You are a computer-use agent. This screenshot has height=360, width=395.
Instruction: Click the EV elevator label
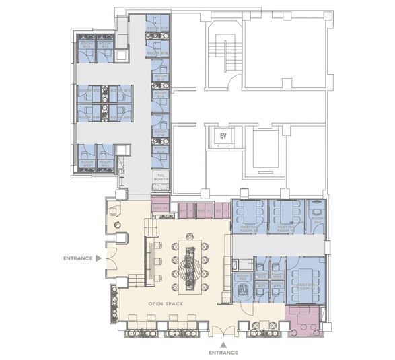223,136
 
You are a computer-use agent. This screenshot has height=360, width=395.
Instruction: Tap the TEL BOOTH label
160,177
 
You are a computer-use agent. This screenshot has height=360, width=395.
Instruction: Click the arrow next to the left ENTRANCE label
99,258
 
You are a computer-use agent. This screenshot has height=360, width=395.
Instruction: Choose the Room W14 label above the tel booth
161,152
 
